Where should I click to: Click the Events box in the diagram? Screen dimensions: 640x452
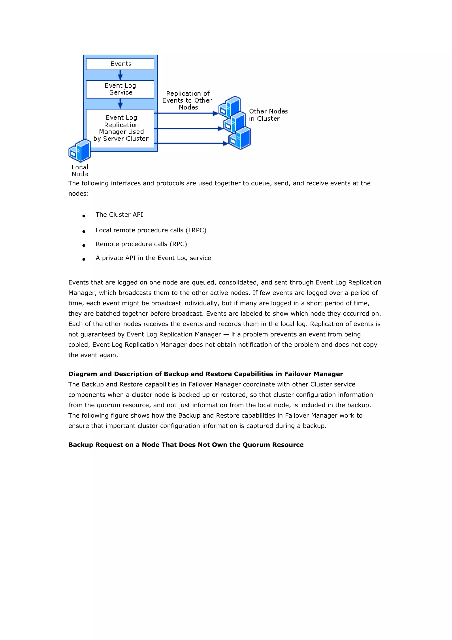(120, 64)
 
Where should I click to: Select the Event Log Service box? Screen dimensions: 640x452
(120, 89)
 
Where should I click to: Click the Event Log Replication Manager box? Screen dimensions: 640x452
(120, 128)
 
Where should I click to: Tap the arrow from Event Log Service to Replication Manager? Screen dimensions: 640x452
(120, 103)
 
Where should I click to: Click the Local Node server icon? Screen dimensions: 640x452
(80, 151)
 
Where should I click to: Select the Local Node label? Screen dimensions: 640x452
(80, 170)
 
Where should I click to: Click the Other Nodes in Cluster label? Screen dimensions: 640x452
(268, 115)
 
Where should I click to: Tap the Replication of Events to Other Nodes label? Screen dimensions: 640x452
(187, 100)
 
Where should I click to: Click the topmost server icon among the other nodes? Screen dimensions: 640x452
(230, 106)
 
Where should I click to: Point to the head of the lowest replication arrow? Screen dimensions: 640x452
(226, 144)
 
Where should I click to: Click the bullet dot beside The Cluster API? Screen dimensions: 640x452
(84, 216)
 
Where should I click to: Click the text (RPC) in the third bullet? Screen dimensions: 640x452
(178, 244)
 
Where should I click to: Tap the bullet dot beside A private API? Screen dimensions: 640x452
(84, 259)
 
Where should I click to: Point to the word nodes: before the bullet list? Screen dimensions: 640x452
(78, 193)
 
